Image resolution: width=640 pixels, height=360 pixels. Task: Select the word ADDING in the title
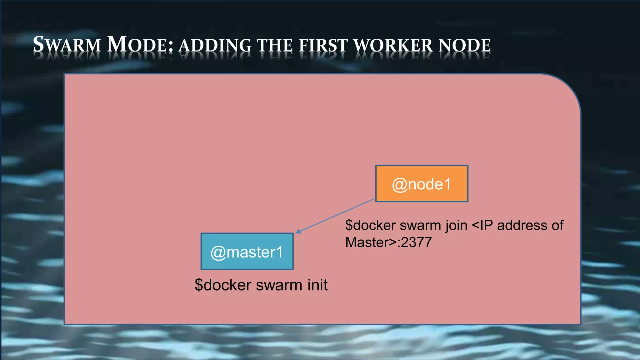click(x=215, y=46)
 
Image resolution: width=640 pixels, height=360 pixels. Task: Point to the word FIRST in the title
click(x=323, y=46)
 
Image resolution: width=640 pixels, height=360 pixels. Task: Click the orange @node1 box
click(x=422, y=184)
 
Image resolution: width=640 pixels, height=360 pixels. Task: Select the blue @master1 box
click(x=247, y=252)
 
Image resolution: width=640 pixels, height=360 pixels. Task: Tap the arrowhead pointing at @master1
click(x=298, y=232)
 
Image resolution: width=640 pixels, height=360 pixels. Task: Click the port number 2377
click(x=417, y=242)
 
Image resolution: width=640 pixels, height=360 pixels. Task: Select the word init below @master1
click(x=317, y=285)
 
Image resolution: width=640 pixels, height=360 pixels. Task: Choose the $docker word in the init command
click(x=223, y=285)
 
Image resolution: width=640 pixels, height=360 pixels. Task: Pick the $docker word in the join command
click(x=370, y=225)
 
